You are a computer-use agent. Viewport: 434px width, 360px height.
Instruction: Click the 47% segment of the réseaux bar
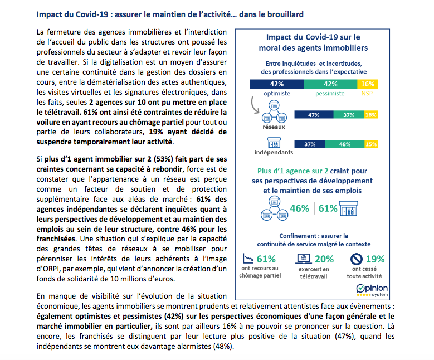313,115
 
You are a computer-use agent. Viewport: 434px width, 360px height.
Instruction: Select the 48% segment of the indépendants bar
344,144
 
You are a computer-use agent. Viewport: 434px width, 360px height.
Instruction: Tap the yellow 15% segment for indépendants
370,144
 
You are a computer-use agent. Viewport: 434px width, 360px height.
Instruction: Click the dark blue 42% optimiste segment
276,84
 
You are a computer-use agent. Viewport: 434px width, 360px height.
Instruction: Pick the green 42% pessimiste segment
330,84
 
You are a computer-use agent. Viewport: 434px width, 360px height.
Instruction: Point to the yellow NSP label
368,94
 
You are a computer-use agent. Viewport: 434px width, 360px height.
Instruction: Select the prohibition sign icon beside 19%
357,259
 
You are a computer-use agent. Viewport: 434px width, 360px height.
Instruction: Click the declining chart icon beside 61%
248,259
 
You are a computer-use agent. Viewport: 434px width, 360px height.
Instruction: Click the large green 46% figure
299,208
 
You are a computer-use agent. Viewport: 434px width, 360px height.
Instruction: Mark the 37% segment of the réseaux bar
349,115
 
